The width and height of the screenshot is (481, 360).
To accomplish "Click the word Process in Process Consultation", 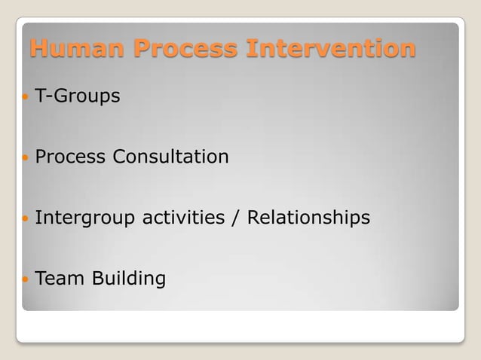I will click(71, 157).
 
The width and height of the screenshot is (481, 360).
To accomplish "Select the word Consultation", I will click(170, 157).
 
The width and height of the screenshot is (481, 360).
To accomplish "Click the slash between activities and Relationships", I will click(236, 218).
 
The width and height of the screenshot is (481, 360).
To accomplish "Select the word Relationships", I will click(309, 218).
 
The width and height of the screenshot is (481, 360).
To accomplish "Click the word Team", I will click(60, 279).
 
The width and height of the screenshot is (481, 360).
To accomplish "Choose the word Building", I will click(129, 279).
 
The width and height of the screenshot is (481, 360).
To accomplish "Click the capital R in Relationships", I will click(254, 218).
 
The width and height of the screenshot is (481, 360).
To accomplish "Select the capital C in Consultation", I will click(119, 157).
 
